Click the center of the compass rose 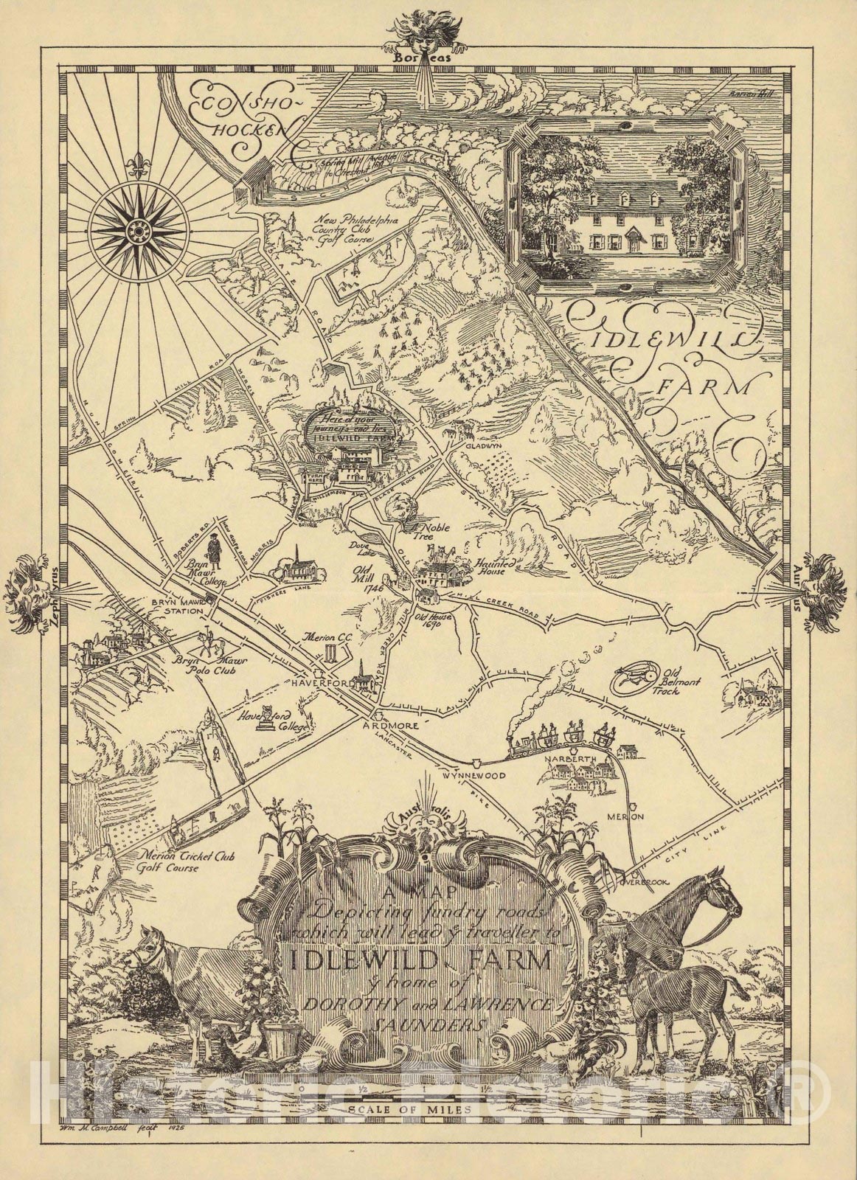pyautogui.click(x=136, y=232)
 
